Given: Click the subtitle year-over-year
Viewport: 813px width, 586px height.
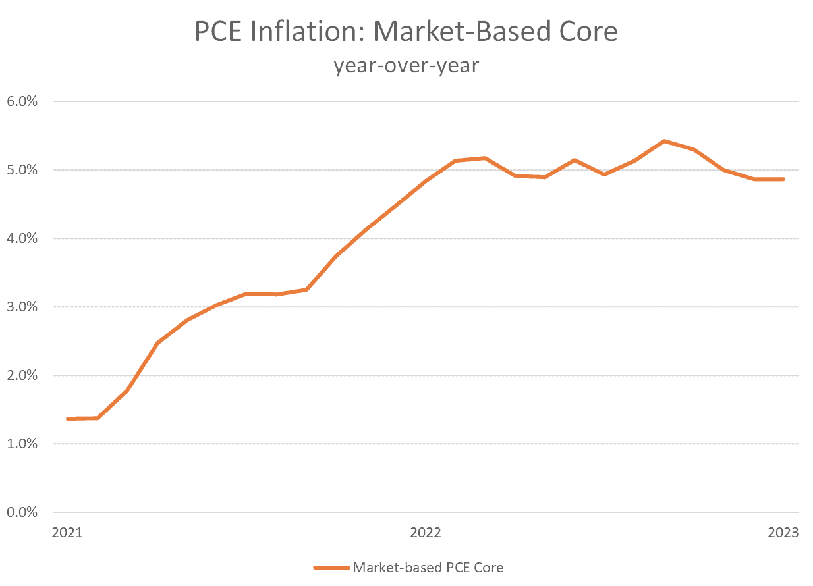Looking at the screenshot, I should point(406,65).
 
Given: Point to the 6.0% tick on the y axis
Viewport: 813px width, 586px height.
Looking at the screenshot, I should point(23,101).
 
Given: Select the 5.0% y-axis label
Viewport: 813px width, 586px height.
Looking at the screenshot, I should point(23,170).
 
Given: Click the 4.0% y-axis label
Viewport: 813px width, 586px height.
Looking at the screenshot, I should point(23,238).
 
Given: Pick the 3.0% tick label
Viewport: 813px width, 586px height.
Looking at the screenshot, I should point(23,307).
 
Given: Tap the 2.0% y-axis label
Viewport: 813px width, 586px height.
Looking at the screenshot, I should point(23,375).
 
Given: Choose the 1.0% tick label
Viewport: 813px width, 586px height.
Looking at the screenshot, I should point(23,444).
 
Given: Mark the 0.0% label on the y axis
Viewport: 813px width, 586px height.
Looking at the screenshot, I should point(23,512).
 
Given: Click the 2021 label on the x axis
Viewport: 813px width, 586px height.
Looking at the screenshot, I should point(67,533).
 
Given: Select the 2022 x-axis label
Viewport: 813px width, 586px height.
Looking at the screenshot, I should point(426,533).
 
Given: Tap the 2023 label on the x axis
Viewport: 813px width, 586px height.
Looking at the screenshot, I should point(783,533).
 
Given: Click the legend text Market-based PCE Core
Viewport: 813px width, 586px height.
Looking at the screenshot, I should point(428,567).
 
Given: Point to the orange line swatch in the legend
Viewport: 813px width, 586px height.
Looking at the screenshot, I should point(331,567).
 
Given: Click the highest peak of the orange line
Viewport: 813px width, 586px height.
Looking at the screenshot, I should point(664,141).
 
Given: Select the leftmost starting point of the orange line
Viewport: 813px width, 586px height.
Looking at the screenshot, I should point(68,419).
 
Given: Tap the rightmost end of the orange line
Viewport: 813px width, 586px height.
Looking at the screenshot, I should point(783,179).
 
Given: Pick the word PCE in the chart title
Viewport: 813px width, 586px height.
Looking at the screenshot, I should point(219,32).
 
